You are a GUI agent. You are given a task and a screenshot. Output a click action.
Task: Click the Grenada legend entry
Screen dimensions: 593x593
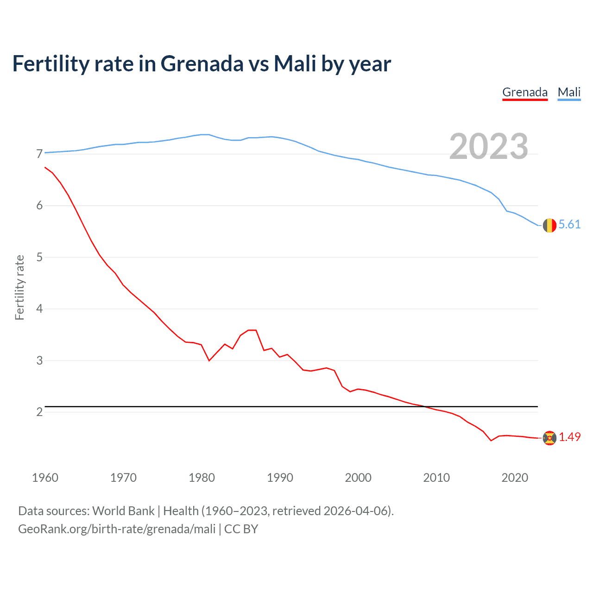525,92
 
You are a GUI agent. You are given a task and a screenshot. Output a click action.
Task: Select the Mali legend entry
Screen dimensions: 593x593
569,92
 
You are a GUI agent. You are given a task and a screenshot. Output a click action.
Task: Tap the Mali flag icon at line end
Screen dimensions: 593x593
549,225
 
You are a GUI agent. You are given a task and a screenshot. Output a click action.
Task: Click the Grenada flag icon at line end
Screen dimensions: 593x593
549,438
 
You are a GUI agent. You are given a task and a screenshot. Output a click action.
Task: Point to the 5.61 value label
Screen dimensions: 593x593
569,225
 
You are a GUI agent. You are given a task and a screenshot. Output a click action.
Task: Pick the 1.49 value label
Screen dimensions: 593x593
569,437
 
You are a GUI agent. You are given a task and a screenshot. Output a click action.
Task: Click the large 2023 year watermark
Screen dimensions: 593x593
488,146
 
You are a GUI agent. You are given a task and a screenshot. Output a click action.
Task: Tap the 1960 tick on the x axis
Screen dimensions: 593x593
45,478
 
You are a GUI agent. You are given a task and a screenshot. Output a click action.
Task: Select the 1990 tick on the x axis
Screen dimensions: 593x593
280,478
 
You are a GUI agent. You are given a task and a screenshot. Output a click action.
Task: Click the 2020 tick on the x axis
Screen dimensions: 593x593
515,478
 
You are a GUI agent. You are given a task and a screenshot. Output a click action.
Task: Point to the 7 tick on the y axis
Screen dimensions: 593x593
39,154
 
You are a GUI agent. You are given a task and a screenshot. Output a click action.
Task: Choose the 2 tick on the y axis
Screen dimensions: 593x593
39,412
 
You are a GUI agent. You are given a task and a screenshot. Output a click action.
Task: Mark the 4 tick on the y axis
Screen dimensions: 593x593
39,309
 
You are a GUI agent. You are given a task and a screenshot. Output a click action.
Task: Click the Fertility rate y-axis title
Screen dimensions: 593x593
19,287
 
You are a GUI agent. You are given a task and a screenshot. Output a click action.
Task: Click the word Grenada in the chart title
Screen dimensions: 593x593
202,63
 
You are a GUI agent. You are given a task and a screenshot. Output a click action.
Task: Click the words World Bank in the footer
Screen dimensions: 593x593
123,511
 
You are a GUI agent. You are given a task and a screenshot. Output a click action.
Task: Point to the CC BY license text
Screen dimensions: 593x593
241,529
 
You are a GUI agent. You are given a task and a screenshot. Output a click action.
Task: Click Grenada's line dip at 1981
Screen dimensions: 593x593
209,360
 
